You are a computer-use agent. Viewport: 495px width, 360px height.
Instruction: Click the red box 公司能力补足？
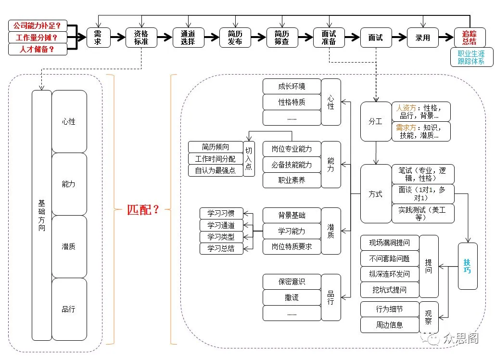(x=38, y=26)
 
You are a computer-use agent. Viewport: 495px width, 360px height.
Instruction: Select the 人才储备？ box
(x=38, y=49)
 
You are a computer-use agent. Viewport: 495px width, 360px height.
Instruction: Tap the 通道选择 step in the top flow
(x=188, y=38)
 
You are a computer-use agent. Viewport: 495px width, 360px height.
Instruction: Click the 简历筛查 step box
(x=282, y=38)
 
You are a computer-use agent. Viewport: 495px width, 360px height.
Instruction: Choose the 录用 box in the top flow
(x=423, y=38)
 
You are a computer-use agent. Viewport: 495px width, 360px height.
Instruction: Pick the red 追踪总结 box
(x=470, y=38)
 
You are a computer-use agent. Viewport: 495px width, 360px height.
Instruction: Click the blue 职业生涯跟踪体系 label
(x=471, y=57)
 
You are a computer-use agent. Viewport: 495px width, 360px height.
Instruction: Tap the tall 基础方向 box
(x=42, y=215)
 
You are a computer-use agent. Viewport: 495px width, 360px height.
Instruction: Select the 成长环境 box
(x=292, y=87)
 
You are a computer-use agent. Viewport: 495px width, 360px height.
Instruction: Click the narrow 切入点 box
(x=249, y=159)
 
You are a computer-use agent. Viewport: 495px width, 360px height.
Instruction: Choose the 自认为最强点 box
(x=216, y=170)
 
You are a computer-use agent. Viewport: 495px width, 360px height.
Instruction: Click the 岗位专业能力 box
(x=292, y=149)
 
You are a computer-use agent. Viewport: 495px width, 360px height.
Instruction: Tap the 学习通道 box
(x=221, y=225)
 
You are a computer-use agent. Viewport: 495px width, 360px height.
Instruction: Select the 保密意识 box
(x=292, y=282)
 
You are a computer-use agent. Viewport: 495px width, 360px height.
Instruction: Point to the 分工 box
(x=376, y=121)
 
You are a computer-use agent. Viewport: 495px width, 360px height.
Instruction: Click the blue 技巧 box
(x=468, y=266)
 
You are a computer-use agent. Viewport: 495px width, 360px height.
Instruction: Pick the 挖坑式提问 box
(x=390, y=290)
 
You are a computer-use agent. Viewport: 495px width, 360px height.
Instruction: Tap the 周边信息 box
(x=390, y=325)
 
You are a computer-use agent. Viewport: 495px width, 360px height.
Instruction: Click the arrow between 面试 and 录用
(x=399, y=38)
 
